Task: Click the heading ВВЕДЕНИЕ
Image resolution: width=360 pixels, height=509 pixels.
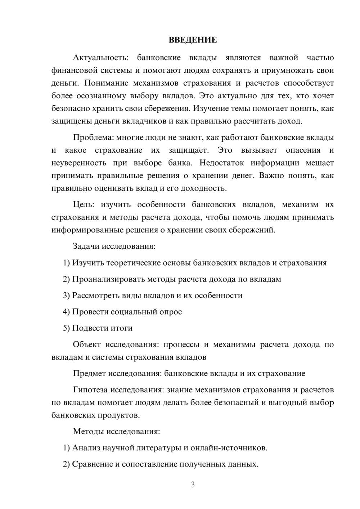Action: pos(193,40)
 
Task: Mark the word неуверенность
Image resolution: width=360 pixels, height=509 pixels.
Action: pos(79,163)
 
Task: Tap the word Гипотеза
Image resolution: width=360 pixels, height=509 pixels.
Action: pos(90,390)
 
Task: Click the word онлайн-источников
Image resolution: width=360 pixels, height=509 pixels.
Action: pos(229,448)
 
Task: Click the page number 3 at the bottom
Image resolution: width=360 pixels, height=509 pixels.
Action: pos(193,485)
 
